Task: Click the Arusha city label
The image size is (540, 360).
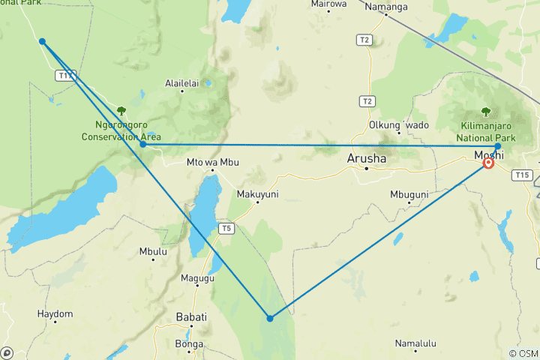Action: pyautogui.click(x=367, y=159)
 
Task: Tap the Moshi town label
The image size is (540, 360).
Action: pyautogui.click(x=489, y=155)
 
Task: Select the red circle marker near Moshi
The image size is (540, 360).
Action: pyautogui.click(x=488, y=163)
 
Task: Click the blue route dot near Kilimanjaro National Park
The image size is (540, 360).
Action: pyautogui.click(x=497, y=146)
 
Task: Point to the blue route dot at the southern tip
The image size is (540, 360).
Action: pyautogui.click(x=270, y=318)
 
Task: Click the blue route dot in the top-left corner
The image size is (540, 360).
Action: pyautogui.click(x=43, y=41)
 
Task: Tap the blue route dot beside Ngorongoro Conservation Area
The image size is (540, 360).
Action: pyautogui.click(x=142, y=144)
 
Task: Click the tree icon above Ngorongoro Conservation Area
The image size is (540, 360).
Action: pyautogui.click(x=121, y=111)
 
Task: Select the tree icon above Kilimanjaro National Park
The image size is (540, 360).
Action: pyautogui.click(x=485, y=112)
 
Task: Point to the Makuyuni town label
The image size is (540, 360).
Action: pyautogui.click(x=257, y=193)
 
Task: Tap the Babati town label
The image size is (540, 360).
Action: pyautogui.click(x=190, y=316)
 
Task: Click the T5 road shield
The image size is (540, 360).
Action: pyautogui.click(x=226, y=228)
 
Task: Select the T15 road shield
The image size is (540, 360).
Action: pyautogui.click(x=522, y=175)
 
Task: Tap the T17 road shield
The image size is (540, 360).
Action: pyautogui.click(x=65, y=76)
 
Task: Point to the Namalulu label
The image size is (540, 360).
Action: pyautogui.click(x=415, y=343)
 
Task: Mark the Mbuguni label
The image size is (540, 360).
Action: pyautogui.click(x=409, y=194)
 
